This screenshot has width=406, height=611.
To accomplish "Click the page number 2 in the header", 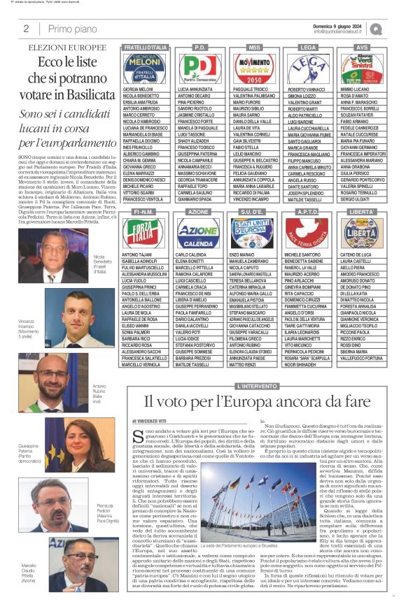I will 26,29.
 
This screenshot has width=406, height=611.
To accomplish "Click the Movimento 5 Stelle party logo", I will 253,69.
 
